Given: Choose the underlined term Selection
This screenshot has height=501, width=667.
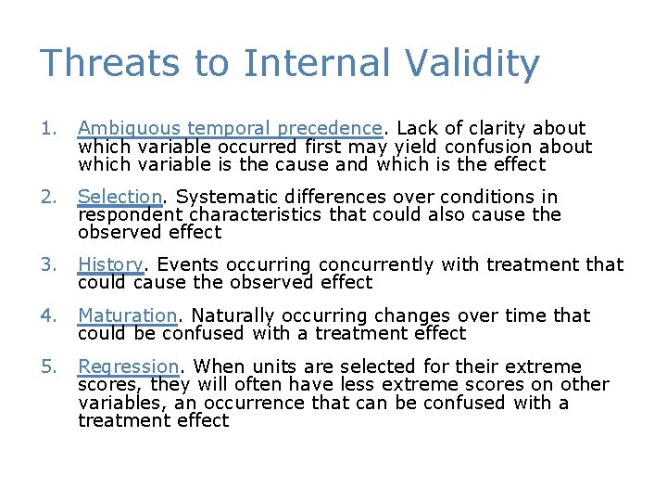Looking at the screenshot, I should (x=120, y=197).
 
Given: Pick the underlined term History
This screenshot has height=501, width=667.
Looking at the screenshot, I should (x=110, y=264).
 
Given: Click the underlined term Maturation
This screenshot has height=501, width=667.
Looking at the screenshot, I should (x=127, y=315).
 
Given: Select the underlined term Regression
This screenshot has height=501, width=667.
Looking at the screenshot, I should (x=128, y=366).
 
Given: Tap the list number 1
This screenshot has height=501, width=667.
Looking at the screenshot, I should (x=49, y=128).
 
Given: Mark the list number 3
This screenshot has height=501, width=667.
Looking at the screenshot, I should (x=49, y=264).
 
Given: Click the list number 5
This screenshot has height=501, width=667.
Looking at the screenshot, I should (x=49, y=366).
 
